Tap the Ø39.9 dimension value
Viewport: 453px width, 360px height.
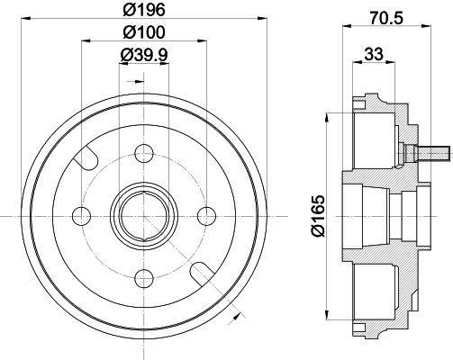pyautogui.click(x=144, y=55)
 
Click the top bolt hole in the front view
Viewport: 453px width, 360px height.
pyautogui.click(x=144, y=152)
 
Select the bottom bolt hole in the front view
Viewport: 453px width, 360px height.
pyautogui.click(x=144, y=277)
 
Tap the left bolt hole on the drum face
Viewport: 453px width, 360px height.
pyautogui.click(x=82, y=215)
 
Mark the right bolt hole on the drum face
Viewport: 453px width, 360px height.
pyautogui.click(x=207, y=215)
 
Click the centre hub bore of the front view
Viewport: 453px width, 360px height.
pyautogui.click(x=144, y=215)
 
